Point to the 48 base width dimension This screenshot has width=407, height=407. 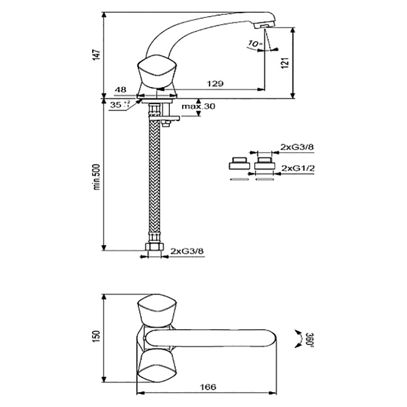click(x=121, y=90)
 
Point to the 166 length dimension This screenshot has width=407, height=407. click(x=208, y=387)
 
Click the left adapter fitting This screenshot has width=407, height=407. click(x=238, y=164)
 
